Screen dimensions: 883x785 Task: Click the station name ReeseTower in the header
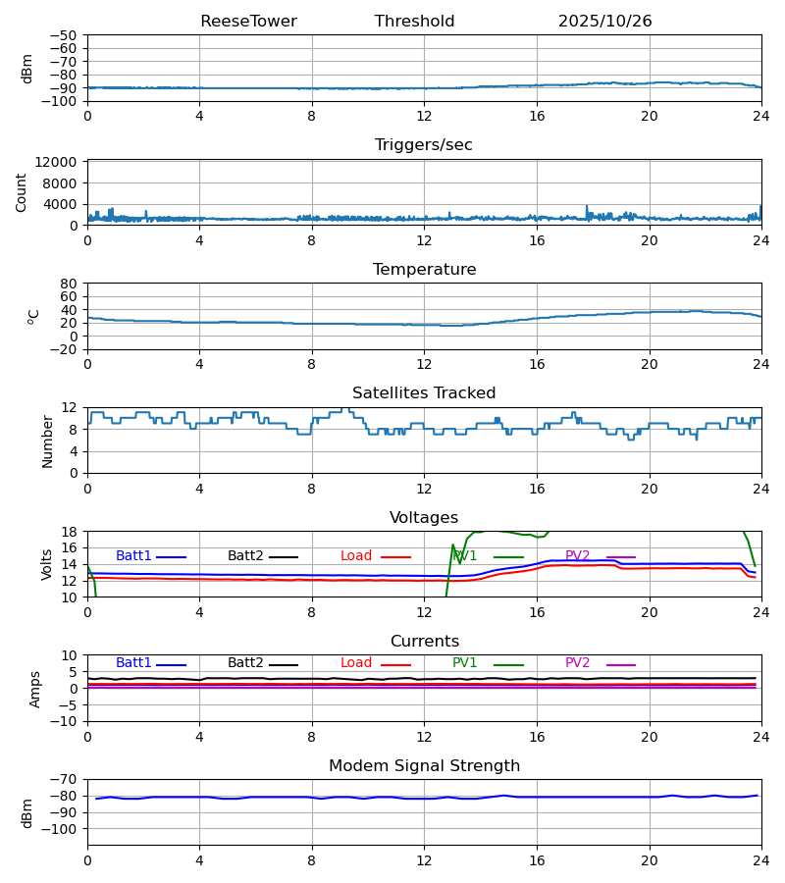point(248,22)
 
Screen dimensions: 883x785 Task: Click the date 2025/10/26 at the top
point(604,22)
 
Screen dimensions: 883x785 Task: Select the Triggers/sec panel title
point(424,145)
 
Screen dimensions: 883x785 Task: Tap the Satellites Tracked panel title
point(424,393)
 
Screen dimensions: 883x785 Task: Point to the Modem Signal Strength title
point(424,766)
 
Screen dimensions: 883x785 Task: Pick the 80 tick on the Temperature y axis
point(69,284)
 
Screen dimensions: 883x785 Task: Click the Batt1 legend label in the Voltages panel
point(133,556)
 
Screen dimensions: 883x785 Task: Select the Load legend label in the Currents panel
point(356,663)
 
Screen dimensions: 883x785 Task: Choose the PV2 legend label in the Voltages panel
point(578,556)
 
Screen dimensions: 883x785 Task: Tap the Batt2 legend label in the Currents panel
point(245,663)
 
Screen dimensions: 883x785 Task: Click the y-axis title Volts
point(48,564)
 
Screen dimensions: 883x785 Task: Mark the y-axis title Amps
point(35,689)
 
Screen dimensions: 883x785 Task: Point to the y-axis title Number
point(48,441)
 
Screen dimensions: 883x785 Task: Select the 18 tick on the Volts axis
point(69,532)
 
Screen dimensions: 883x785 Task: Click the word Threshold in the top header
point(414,22)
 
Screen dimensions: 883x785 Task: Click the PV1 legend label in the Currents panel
point(465,663)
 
